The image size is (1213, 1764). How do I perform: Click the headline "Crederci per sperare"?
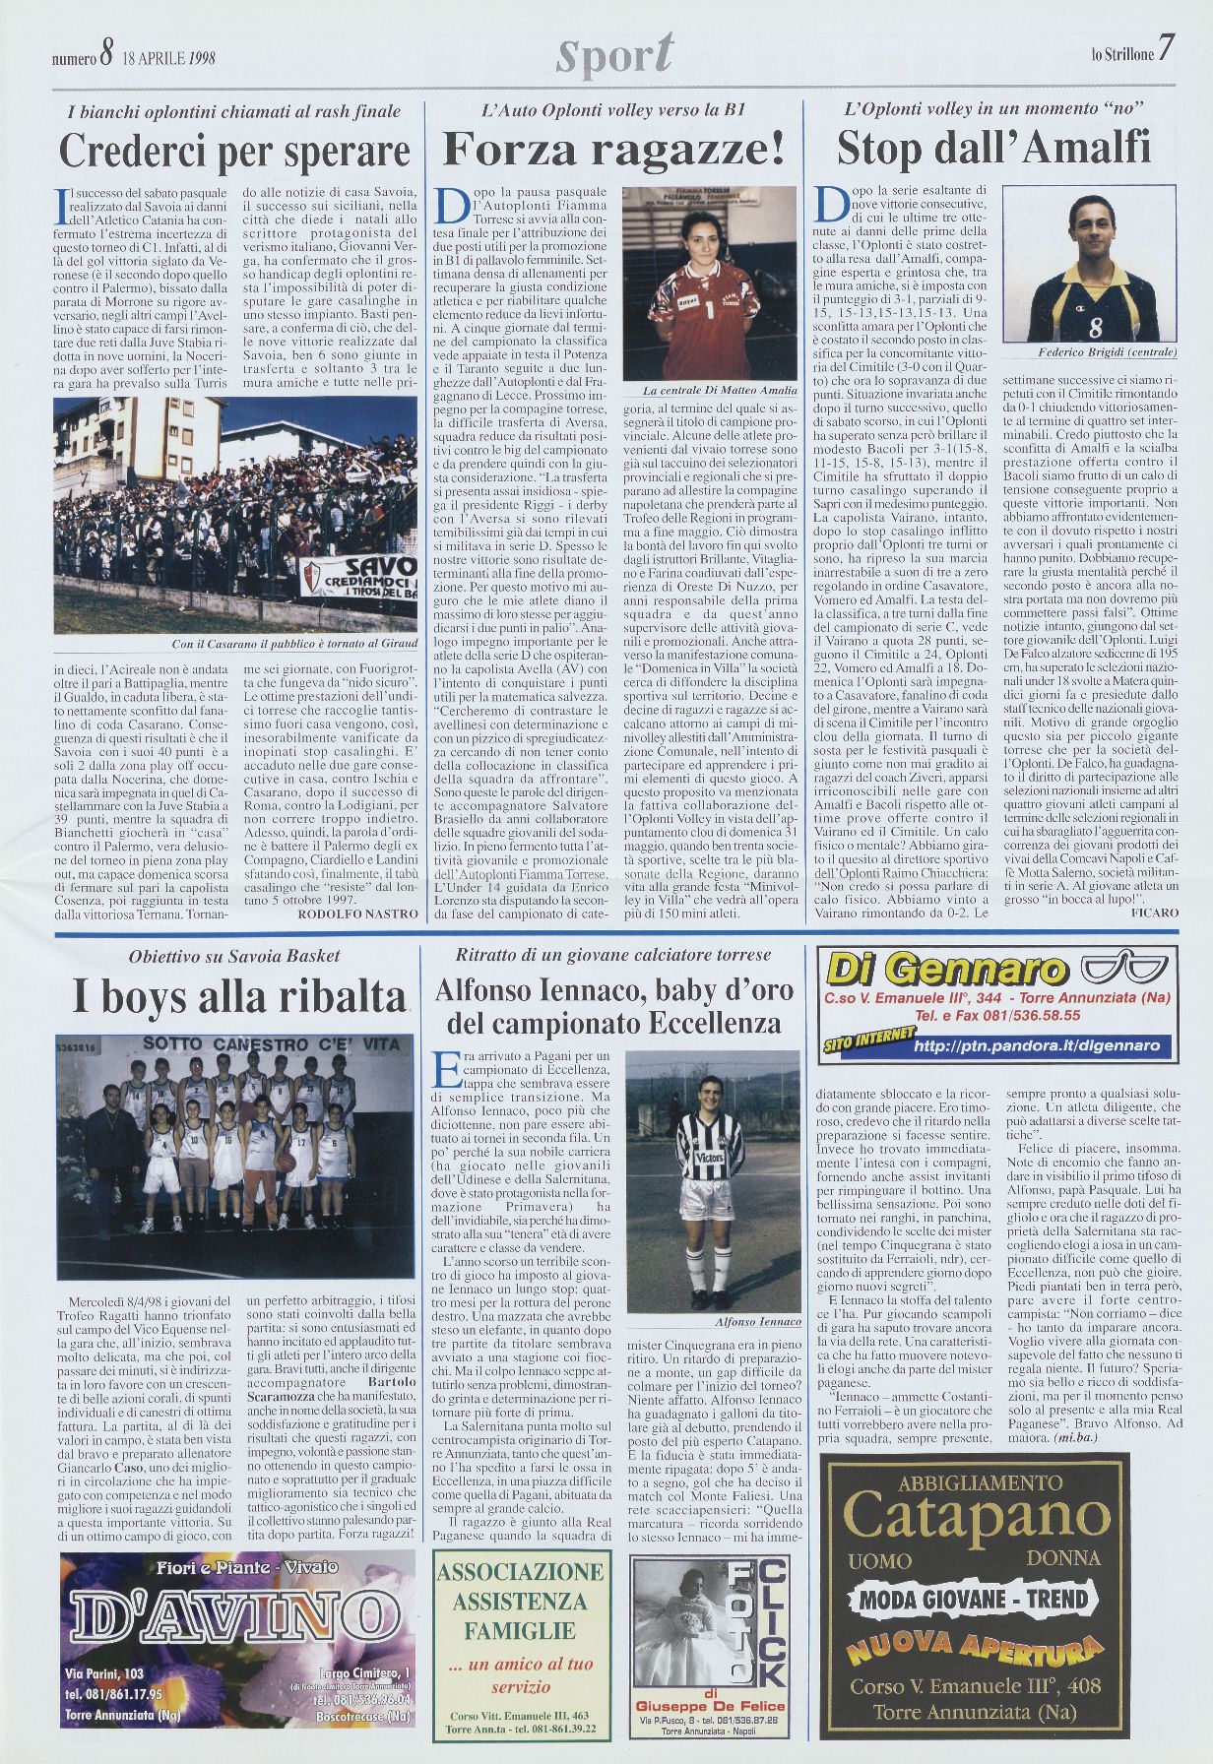234,151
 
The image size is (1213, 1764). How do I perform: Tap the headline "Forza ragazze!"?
614,150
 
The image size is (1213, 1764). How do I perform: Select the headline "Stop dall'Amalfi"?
993,149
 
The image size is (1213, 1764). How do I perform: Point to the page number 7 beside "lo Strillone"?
1166,49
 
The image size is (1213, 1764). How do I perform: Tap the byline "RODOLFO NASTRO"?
357,913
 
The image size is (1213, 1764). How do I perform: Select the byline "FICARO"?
1154,913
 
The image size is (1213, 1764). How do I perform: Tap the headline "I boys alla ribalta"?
238,998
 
